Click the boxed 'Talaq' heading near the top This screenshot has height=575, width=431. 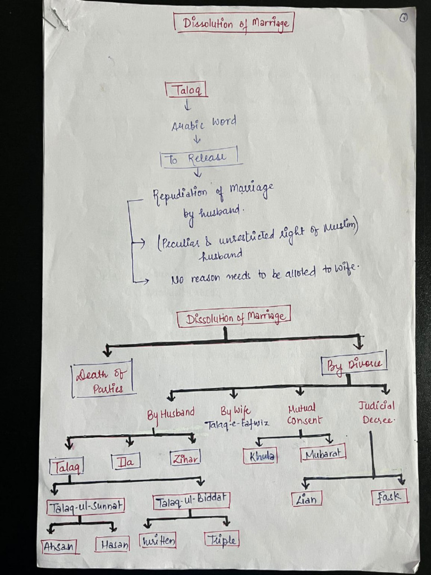(x=186, y=90)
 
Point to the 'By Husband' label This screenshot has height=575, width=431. (x=171, y=414)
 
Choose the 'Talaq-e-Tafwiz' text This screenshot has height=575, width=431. (x=237, y=424)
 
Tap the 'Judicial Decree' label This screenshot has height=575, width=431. (x=377, y=412)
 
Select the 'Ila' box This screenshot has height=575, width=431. (x=126, y=462)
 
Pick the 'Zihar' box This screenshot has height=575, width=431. (x=185, y=458)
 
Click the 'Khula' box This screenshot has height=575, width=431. (x=260, y=456)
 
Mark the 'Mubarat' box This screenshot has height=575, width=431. (x=323, y=453)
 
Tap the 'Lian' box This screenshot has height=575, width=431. (x=306, y=499)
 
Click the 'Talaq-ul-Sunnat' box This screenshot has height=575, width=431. (x=86, y=506)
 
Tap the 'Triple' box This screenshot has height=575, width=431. (x=222, y=540)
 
